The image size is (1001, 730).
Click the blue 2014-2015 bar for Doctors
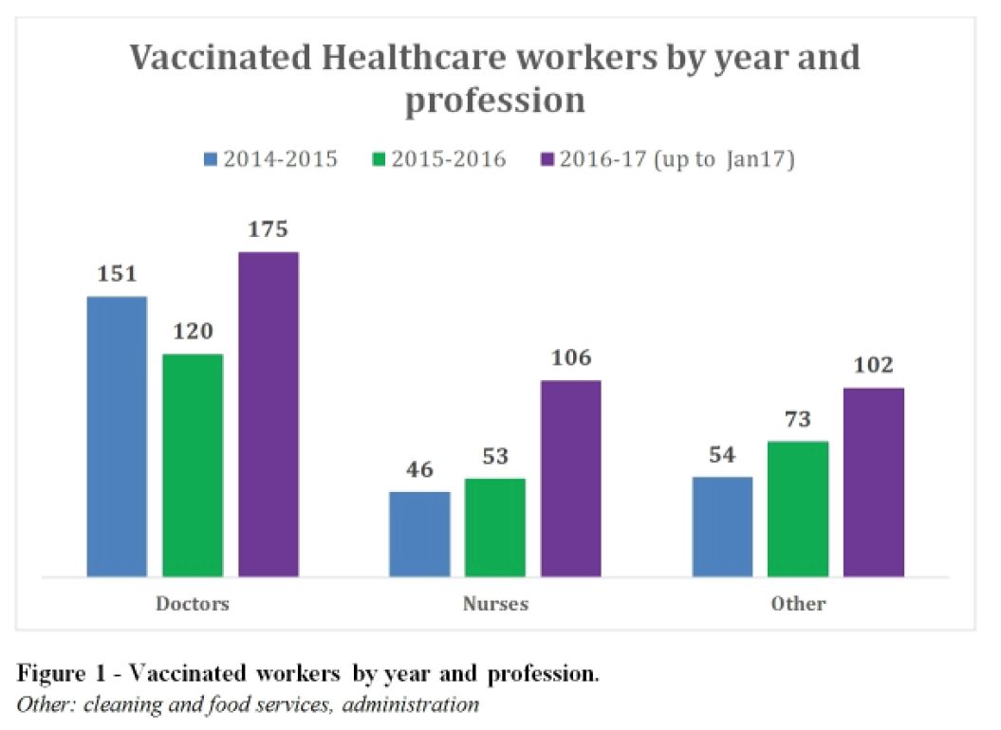(x=117, y=436)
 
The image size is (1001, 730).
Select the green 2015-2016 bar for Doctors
(x=193, y=465)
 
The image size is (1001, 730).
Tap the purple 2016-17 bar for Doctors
(x=269, y=413)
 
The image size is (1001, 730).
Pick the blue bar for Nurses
(x=419, y=534)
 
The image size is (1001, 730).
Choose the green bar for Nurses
(x=495, y=527)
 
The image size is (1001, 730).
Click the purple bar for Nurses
(x=571, y=478)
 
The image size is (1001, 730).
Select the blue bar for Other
(x=722, y=526)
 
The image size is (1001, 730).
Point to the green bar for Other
(x=798, y=508)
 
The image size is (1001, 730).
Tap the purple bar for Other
(x=874, y=482)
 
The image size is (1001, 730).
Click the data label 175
(x=269, y=230)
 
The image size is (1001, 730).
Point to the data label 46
(x=419, y=470)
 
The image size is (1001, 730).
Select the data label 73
(x=798, y=420)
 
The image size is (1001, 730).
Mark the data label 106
(x=571, y=358)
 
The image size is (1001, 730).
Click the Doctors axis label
(x=193, y=603)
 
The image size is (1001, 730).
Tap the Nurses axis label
(x=495, y=603)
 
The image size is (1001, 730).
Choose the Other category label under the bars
(x=798, y=603)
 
